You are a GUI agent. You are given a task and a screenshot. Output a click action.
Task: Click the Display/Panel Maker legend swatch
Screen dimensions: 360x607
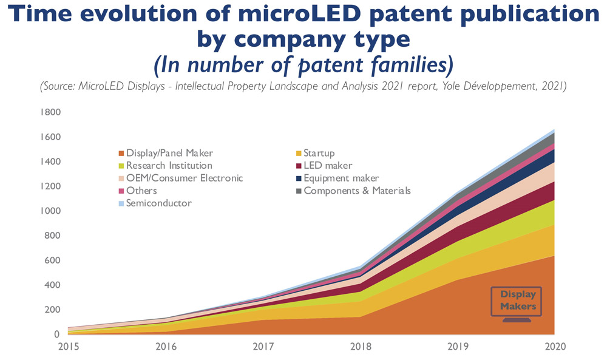click(x=121, y=153)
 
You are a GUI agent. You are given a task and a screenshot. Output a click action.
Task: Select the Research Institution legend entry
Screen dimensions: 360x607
click(x=169, y=166)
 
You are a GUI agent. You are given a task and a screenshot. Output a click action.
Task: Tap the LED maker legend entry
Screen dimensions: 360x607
click(x=327, y=166)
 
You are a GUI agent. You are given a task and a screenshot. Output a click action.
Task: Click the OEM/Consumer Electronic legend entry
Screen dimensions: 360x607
click(x=184, y=178)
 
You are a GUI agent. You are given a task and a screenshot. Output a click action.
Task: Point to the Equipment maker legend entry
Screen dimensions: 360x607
click(x=341, y=178)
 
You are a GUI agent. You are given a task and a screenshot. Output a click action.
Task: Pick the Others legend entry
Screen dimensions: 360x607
click(x=141, y=191)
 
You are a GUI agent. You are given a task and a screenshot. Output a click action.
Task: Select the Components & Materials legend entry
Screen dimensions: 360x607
click(x=357, y=191)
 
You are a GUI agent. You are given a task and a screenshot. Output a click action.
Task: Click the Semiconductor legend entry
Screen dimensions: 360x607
click(x=158, y=203)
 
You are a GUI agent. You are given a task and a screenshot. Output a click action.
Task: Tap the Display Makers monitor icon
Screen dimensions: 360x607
click(x=517, y=302)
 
